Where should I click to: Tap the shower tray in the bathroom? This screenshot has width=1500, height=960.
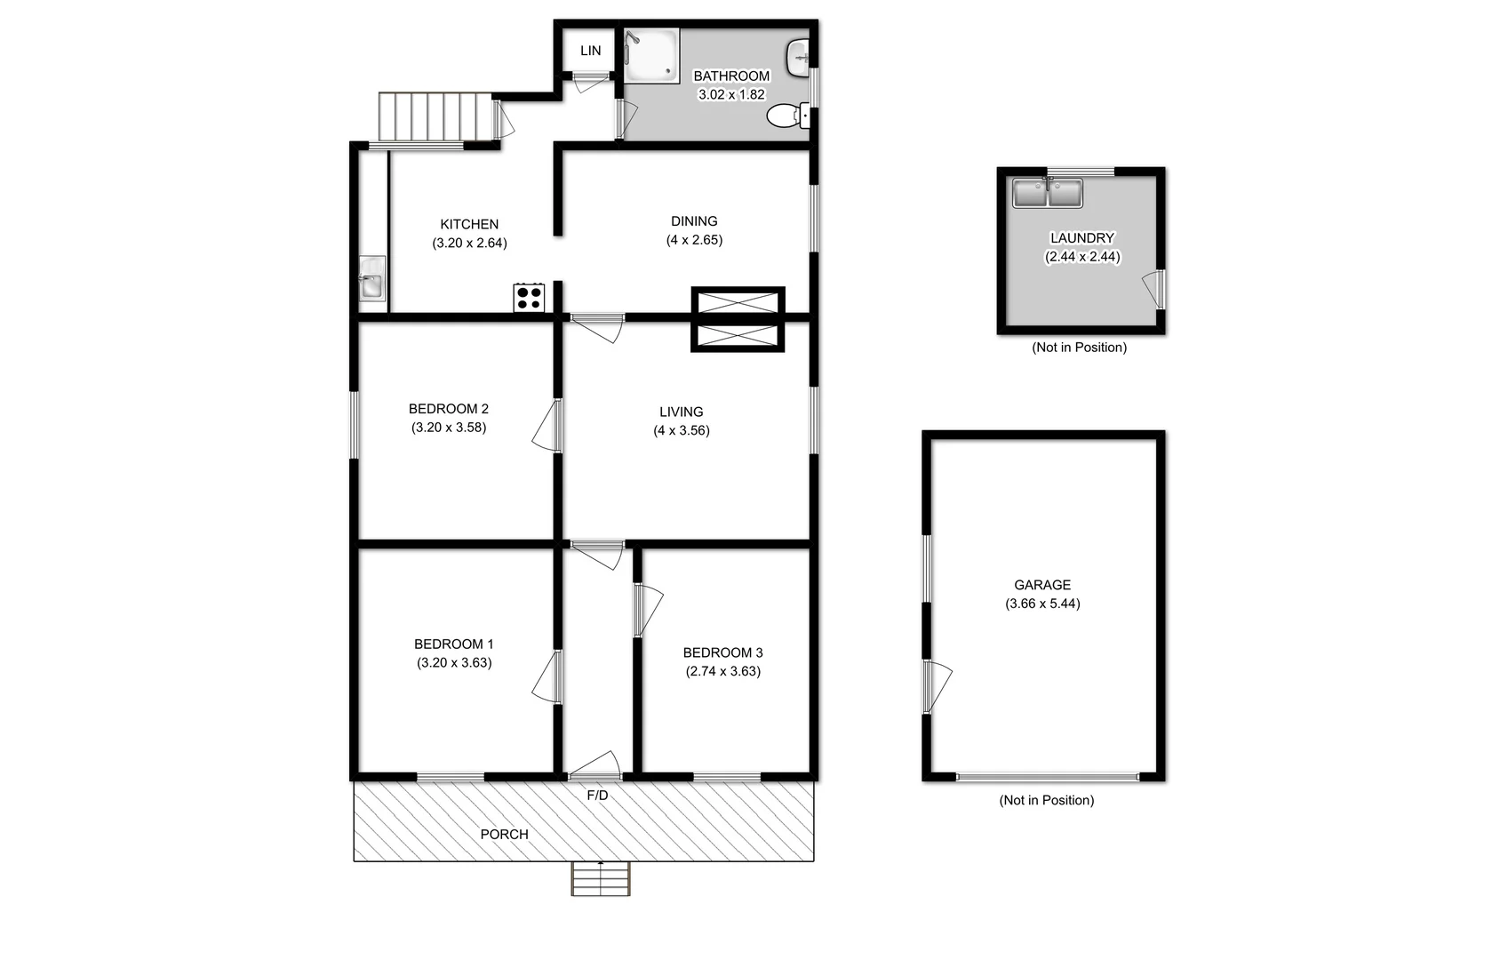point(651,56)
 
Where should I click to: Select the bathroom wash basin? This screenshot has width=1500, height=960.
point(797,58)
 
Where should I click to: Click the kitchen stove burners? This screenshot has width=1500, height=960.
point(529,297)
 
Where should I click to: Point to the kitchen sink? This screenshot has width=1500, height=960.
point(371,284)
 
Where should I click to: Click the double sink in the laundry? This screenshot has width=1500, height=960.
point(1048,193)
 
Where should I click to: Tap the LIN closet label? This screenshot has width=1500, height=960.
point(591,51)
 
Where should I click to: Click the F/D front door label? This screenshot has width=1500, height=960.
point(597,796)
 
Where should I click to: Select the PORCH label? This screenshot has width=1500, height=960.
point(504,835)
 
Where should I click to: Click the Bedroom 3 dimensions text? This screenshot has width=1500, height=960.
point(722,671)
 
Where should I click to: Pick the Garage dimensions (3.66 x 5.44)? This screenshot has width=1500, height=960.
point(1042,604)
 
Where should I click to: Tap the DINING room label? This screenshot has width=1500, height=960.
point(694,221)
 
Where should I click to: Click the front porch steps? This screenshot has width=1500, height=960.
point(601,879)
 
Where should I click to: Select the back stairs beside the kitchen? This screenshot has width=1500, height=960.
point(435,116)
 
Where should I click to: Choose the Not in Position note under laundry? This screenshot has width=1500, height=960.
point(1079,348)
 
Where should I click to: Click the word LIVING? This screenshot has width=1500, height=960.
point(681,412)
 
